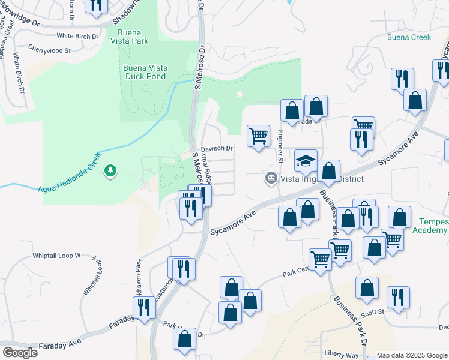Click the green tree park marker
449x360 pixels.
(110, 172)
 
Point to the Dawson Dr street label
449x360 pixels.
(216, 148)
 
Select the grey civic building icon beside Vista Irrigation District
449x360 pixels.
(271, 178)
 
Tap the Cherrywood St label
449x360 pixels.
(49, 50)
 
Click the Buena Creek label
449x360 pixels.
(409, 37)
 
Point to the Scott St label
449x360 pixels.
(372, 312)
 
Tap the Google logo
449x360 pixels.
(20, 353)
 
